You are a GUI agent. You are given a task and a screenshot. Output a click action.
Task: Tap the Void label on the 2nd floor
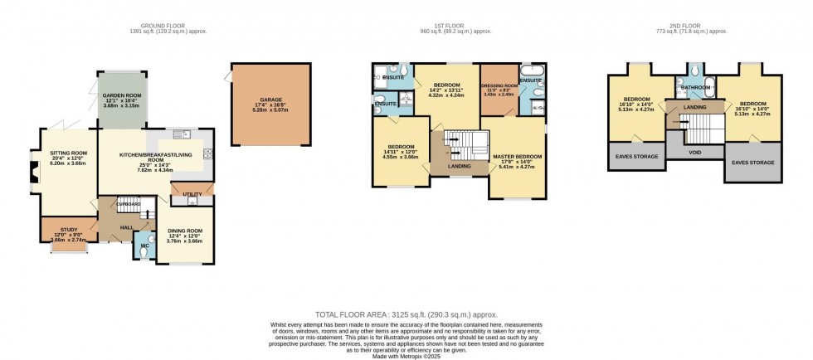694,153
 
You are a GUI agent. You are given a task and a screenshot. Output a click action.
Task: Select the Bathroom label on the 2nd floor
694,87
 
